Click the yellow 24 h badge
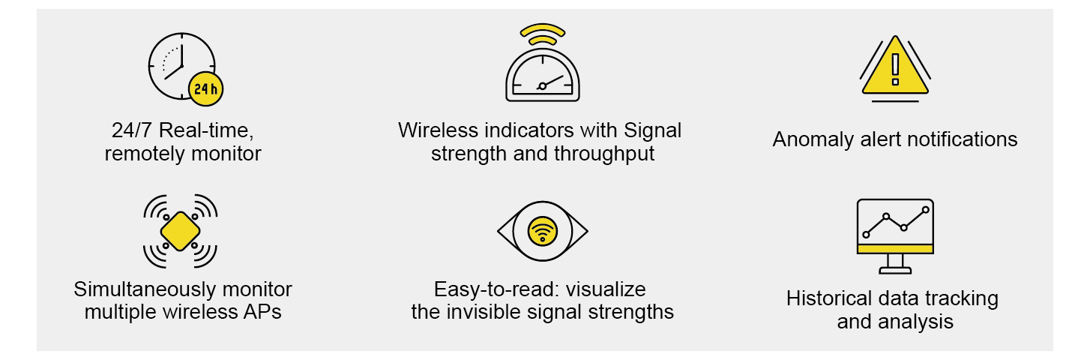[x=206, y=89]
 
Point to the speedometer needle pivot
[x=542, y=86]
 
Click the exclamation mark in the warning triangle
[x=895, y=70]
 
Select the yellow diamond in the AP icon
[x=180, y=231]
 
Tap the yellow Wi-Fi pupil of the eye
[x=542, y=231]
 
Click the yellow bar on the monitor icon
[x=895, y=249]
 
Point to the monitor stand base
[x=895, y=271]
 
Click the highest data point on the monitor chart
[x=925, y=210]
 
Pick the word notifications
[x=963, y=139]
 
